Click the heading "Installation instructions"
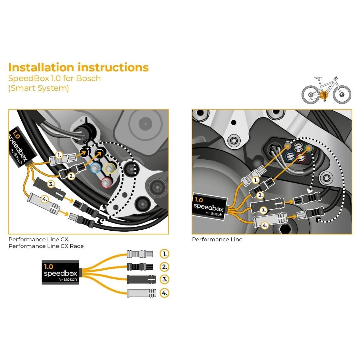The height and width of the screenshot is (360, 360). tap(78, 67)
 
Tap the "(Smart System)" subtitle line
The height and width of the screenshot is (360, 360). tap(38, 88)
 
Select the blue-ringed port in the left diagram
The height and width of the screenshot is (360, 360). tap(95, 167)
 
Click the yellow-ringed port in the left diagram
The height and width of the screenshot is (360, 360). tap(110, 167)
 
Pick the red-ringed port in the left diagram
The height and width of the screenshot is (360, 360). tap(106, 183)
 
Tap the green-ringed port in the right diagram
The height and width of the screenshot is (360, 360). tap(308, 148)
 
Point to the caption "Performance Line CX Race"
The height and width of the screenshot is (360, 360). tap(46, 246)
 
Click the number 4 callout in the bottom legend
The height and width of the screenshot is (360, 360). tap(165, 293)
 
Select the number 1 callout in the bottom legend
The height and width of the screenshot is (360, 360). tap(165, 254)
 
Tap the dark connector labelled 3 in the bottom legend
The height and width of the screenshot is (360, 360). tap(141, 279)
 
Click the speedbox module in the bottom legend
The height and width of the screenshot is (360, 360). tap(60, 272)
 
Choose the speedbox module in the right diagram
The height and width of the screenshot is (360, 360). tap(208, 207)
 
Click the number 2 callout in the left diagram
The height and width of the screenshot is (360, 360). tap(71, 176)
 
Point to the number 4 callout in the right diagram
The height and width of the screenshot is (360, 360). tap(265, 225)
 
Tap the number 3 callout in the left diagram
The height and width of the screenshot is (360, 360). tap(51, 184)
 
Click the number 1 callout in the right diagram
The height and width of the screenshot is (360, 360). tap(255, 180)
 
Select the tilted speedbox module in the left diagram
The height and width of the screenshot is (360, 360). tap(20, 147)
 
